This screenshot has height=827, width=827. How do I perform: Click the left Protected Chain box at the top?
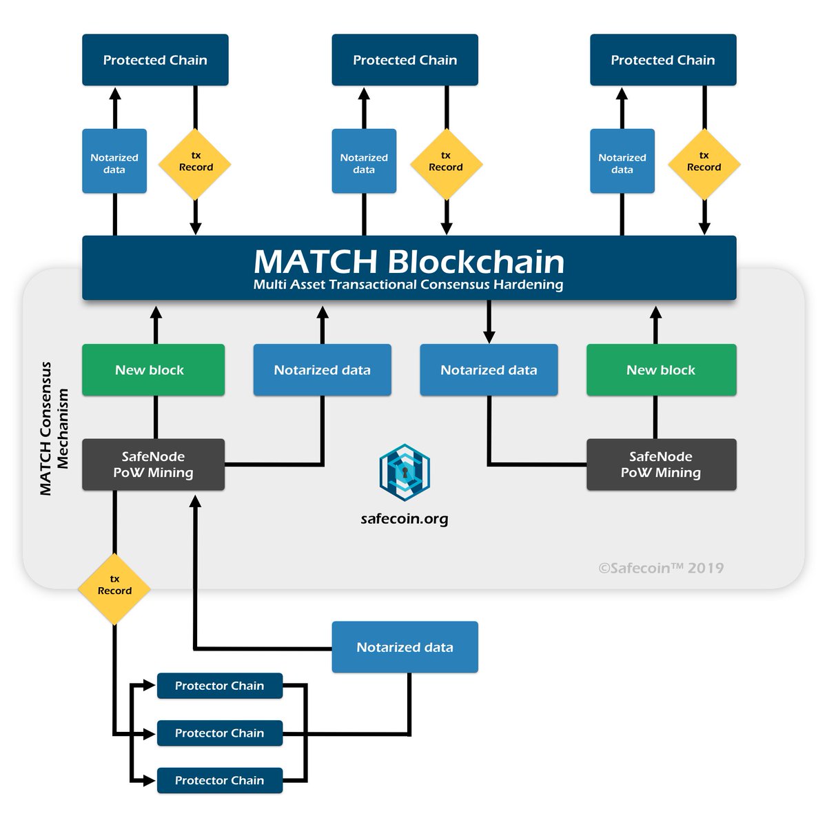tap(155, 60)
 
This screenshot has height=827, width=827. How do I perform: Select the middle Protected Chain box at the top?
tap(405, 60)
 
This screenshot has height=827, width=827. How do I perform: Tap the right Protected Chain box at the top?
tap(663, 60)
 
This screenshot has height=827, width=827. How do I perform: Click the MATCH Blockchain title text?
tap(409, 261)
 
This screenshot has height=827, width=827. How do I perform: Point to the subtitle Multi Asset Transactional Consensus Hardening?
tap(409, 285)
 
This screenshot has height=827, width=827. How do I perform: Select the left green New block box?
tap(153, 370)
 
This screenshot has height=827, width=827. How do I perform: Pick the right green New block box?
tap(661, 370)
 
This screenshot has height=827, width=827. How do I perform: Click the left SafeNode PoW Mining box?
tap(153, 464)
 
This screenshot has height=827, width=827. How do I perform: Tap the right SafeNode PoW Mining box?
tap(661, 464)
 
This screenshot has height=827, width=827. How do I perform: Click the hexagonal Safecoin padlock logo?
tap(405, 472)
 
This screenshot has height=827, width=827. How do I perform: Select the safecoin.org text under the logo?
tap(405, 519)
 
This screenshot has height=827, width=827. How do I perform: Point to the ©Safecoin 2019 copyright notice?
tap(661, 568)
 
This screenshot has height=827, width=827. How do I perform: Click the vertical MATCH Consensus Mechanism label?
tap(54, 429)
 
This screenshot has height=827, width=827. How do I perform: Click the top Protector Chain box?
tap(220, 686)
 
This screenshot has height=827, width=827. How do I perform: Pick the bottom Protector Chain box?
tap(220, 780)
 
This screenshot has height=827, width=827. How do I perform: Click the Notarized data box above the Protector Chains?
tap(405, 647)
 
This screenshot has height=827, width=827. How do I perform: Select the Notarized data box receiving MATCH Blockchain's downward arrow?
tap(489, 370)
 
